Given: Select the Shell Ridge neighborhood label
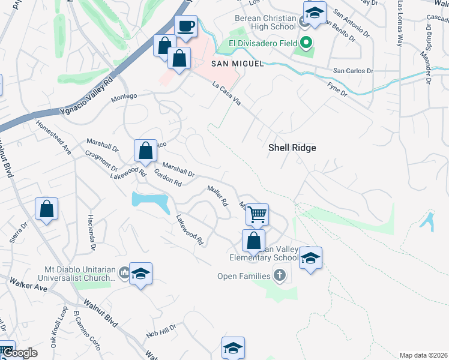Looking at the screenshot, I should tap(292, 148).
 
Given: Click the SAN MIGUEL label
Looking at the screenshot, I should tap(237, 64).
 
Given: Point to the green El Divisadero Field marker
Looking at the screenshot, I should tap(306, 43).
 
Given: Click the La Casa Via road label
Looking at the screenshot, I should tap(226, 94).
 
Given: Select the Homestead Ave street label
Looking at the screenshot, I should tap(53, 139).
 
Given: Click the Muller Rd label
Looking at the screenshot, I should tap(218, 196).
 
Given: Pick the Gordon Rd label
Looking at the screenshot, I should tap(167, 178).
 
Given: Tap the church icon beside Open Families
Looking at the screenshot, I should tap(279, 276).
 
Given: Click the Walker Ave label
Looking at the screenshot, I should tap(28, 284).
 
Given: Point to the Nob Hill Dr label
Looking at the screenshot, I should tap(161, 331).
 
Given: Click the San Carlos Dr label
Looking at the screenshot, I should tap(354, 71).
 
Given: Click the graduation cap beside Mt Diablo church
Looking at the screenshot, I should tap(140, 273).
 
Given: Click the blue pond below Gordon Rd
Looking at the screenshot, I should tap(151, 202).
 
